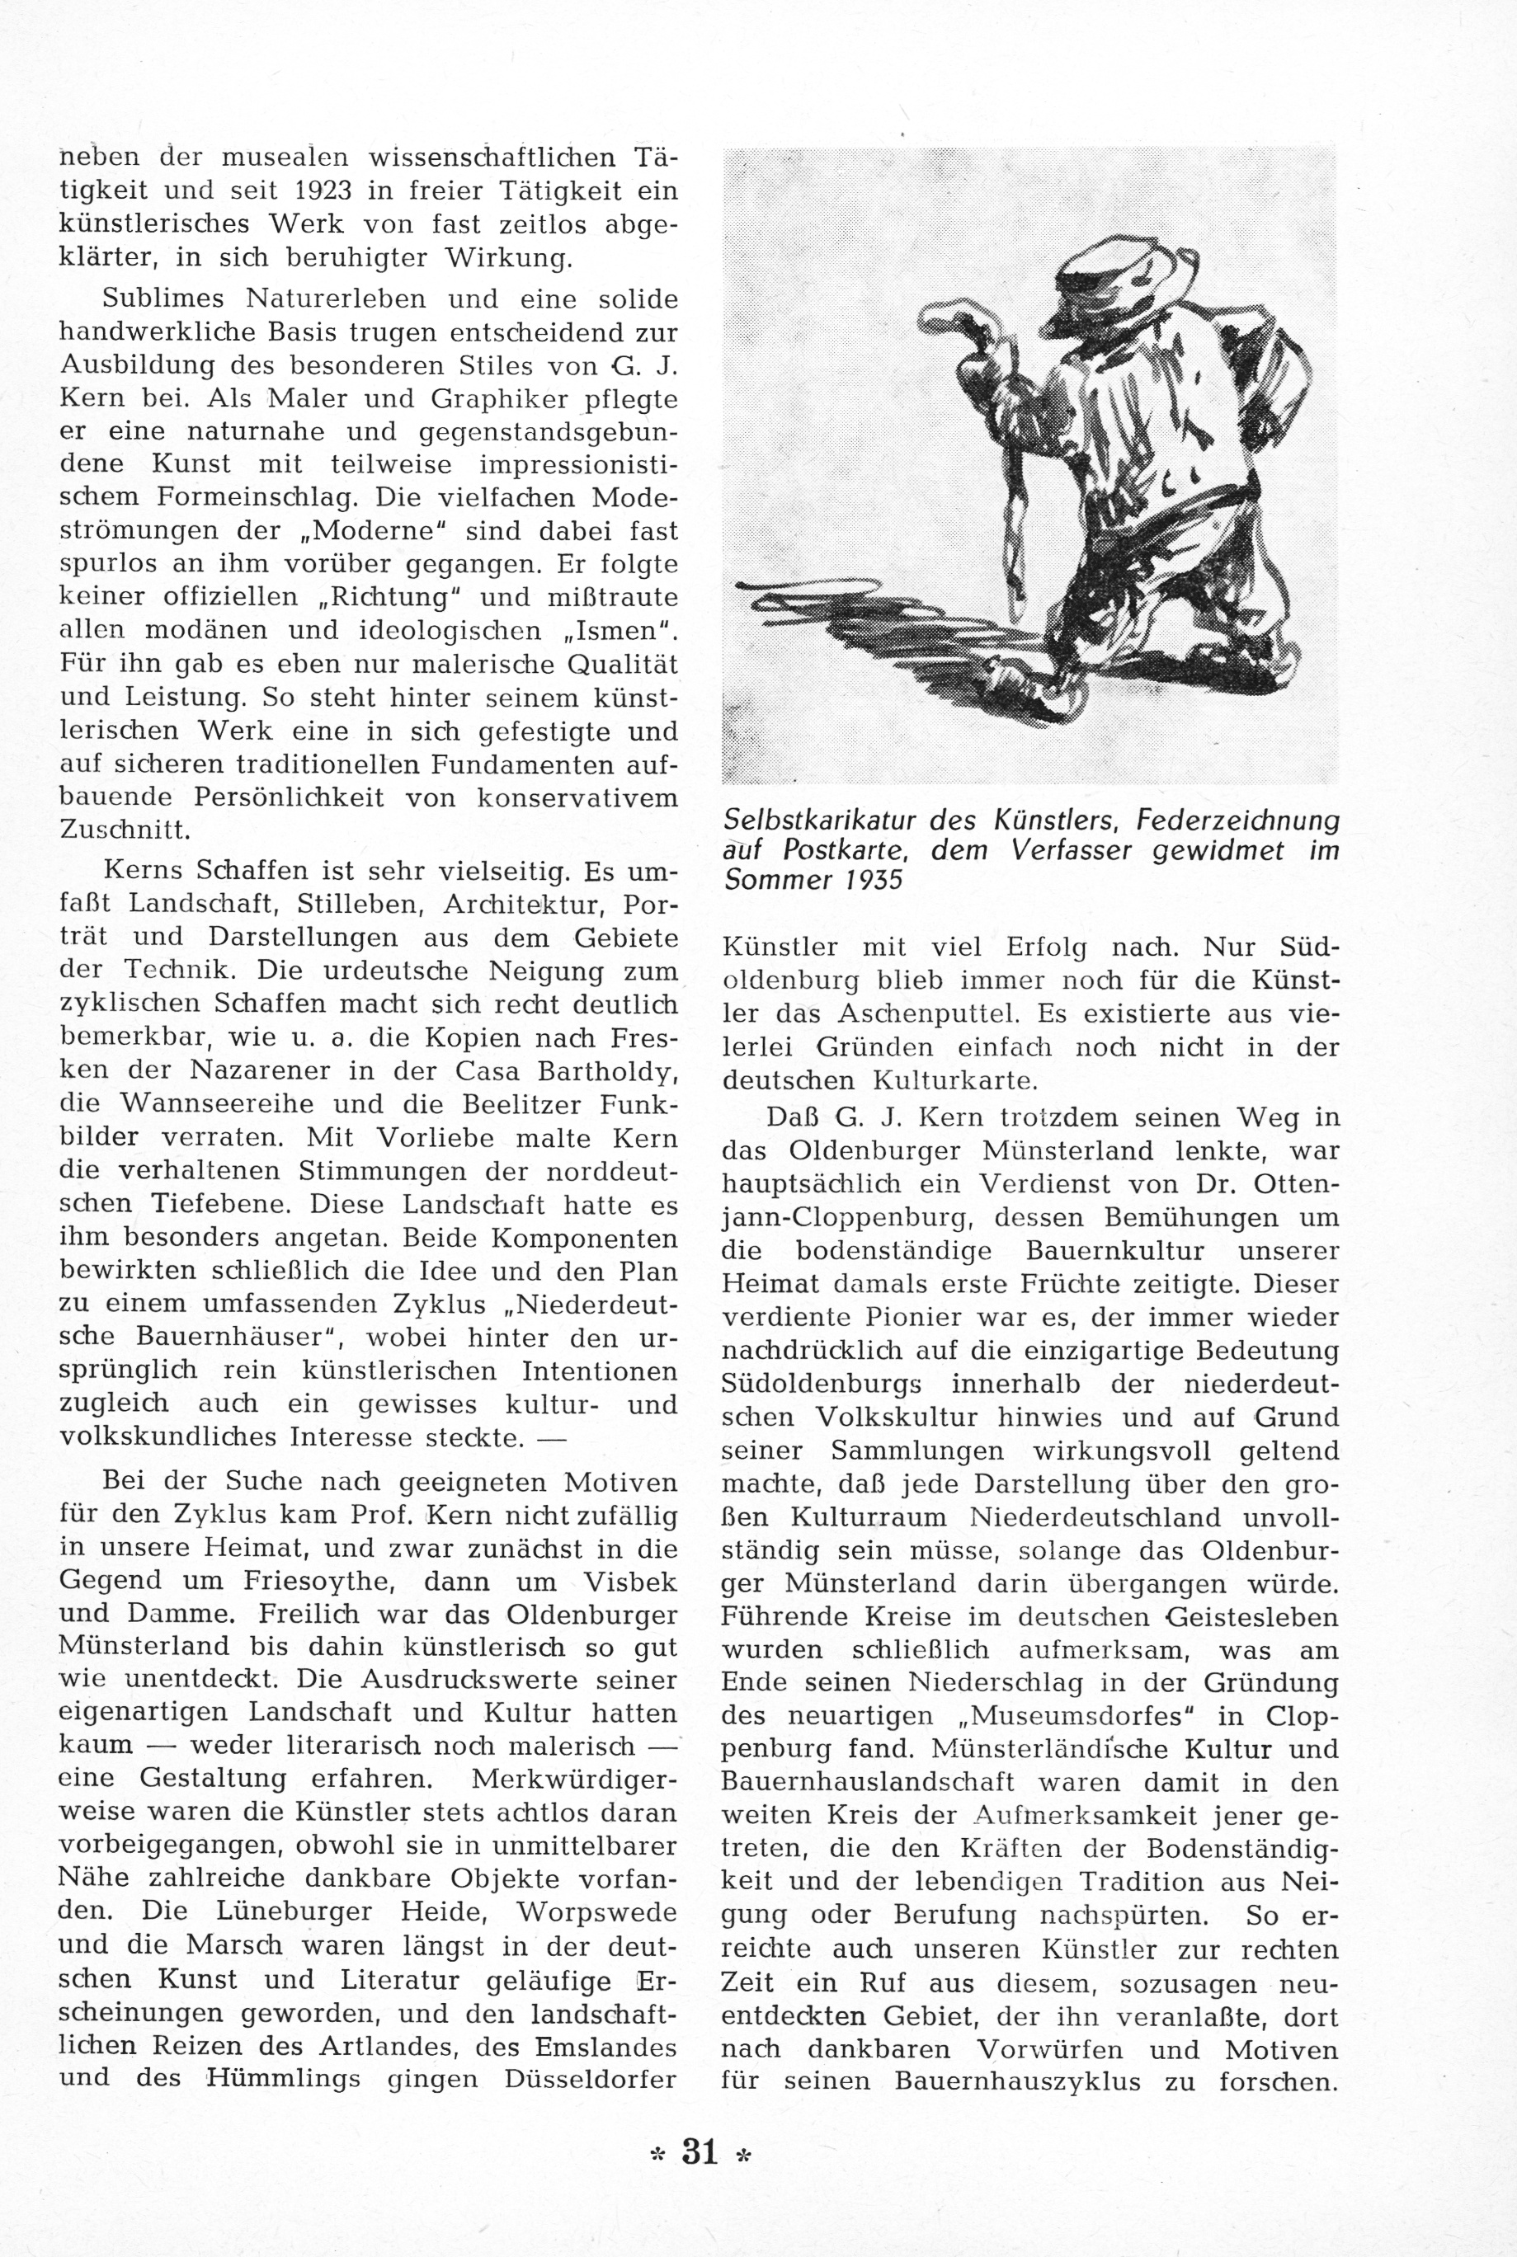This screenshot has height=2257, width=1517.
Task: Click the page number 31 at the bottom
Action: click(700, 2152)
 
